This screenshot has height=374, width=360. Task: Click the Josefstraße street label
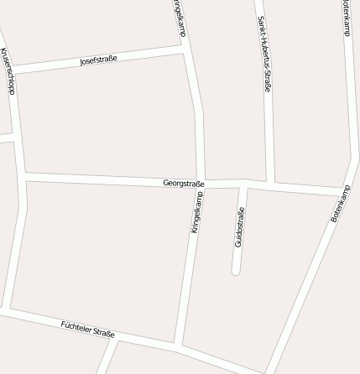pos(98,60)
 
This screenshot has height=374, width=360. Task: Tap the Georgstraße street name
pos(184,182)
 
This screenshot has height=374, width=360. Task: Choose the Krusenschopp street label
pos(8,71)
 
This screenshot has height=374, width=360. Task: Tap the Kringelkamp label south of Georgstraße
pos(197,212)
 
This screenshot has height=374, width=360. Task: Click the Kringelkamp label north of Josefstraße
pos(180,17)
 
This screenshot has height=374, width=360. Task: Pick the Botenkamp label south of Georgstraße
pos(339,205)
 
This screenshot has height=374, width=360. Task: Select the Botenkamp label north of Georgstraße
pos(346,17)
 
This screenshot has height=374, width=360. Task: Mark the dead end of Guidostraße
pos(236,271)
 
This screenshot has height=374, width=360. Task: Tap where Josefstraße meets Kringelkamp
pos(185,52)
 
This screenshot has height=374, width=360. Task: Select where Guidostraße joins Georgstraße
pos(241,184)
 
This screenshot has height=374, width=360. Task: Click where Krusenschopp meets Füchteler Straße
pos(5,311)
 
